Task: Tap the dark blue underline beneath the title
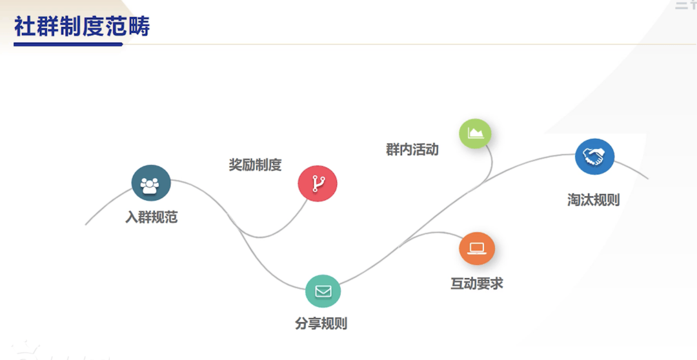(x=68, y=45)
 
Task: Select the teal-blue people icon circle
(x=151, y=184)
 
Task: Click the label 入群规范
(x=151, y=217)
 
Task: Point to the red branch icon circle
(x=317, y=184)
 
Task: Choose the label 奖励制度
(x=255, y=165)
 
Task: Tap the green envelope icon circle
(x=323, y=291)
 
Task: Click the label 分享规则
(x=321, y=324)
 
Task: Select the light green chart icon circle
(x=475, y=134)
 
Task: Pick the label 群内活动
(x=412, y=150)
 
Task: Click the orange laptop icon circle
(x=477, y=248)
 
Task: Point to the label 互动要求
(x=477, y=283)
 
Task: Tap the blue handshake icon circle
(x=594, y=157)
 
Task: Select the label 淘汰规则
(x=594, y=200)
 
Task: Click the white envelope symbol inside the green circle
(x=323, y=291)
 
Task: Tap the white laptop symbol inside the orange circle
(x=477, y=248)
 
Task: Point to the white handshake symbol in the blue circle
(x=594, y=156)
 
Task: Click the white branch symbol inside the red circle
(x=317, y=184)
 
